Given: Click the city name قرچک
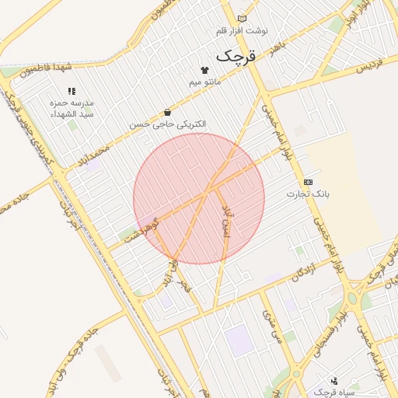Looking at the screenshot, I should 235,56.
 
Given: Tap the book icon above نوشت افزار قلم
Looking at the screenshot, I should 242,19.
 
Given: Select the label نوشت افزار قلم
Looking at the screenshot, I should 242,30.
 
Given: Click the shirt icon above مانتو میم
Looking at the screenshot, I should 205,70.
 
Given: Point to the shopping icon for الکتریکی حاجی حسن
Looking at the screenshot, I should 167,113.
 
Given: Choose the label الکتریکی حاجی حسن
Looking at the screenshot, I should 169,124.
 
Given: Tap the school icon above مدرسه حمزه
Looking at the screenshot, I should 72,92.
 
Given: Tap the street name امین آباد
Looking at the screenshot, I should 226,224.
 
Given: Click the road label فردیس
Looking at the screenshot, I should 372,67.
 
